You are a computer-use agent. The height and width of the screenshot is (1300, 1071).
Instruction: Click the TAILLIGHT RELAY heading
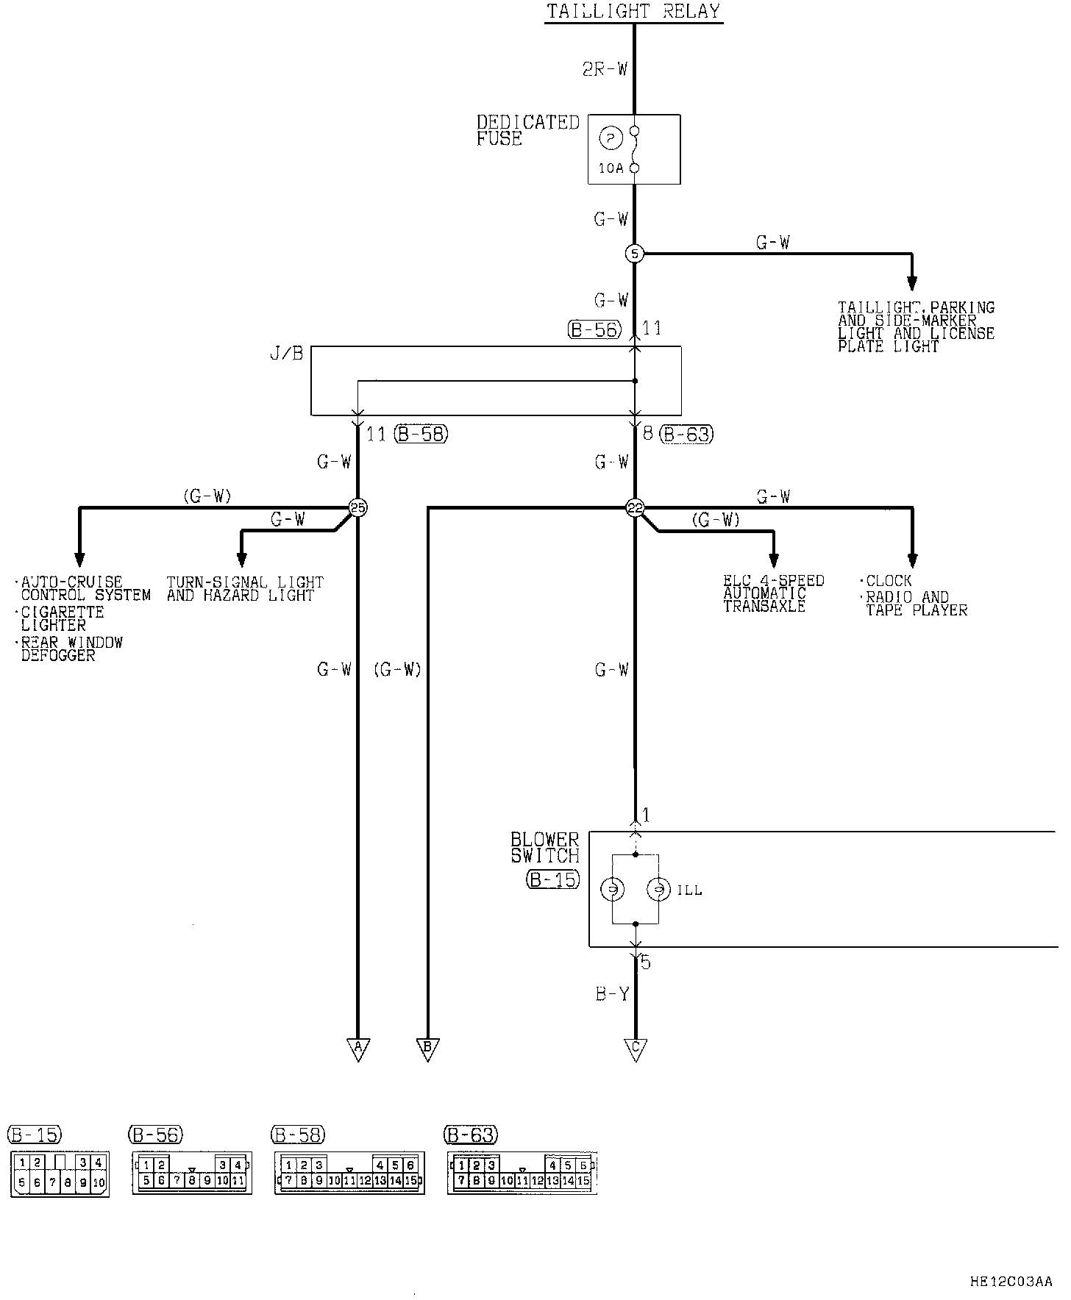(x=633, y=11)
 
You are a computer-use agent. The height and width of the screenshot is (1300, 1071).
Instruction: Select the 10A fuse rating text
(x=611, y=168)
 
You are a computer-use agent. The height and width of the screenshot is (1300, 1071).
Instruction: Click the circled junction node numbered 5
(x=634, y=254)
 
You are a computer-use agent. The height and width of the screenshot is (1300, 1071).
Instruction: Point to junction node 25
(x=357, y=507)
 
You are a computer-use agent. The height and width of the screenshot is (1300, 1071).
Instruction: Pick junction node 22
(x=634, y=507)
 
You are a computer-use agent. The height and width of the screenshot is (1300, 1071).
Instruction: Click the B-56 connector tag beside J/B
(x=595, y=329)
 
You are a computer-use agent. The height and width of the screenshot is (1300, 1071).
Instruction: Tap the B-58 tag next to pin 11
(x=421, y=435)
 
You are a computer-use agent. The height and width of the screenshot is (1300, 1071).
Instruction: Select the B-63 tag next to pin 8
(x=687, y=435)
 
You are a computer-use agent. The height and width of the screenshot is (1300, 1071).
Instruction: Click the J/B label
(x=287, y=354)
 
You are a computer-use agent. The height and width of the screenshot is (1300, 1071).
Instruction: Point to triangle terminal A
(x=358, y=1049)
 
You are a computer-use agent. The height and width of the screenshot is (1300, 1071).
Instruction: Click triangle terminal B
(x=427, y=1049)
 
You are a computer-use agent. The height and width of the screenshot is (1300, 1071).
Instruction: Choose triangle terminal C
(x=635, y=1049)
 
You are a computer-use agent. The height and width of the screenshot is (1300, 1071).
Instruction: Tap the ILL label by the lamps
(x=689, y=891)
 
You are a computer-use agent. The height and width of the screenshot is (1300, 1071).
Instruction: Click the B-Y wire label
(x=612, y=995)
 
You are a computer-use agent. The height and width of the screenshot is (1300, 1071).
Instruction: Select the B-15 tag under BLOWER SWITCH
(x=552, y=879)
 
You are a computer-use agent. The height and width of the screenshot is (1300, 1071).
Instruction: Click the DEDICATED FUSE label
(x=527, y=130)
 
